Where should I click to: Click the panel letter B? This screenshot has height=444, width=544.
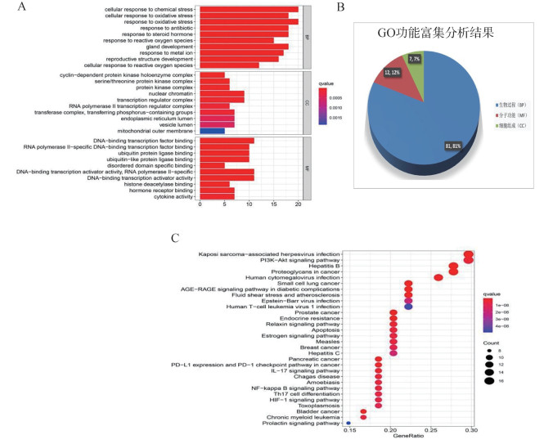point(339,8)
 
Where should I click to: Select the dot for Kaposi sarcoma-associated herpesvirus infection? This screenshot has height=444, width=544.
point(468,255)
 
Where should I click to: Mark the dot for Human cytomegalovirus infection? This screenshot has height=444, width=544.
point(438,278)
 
